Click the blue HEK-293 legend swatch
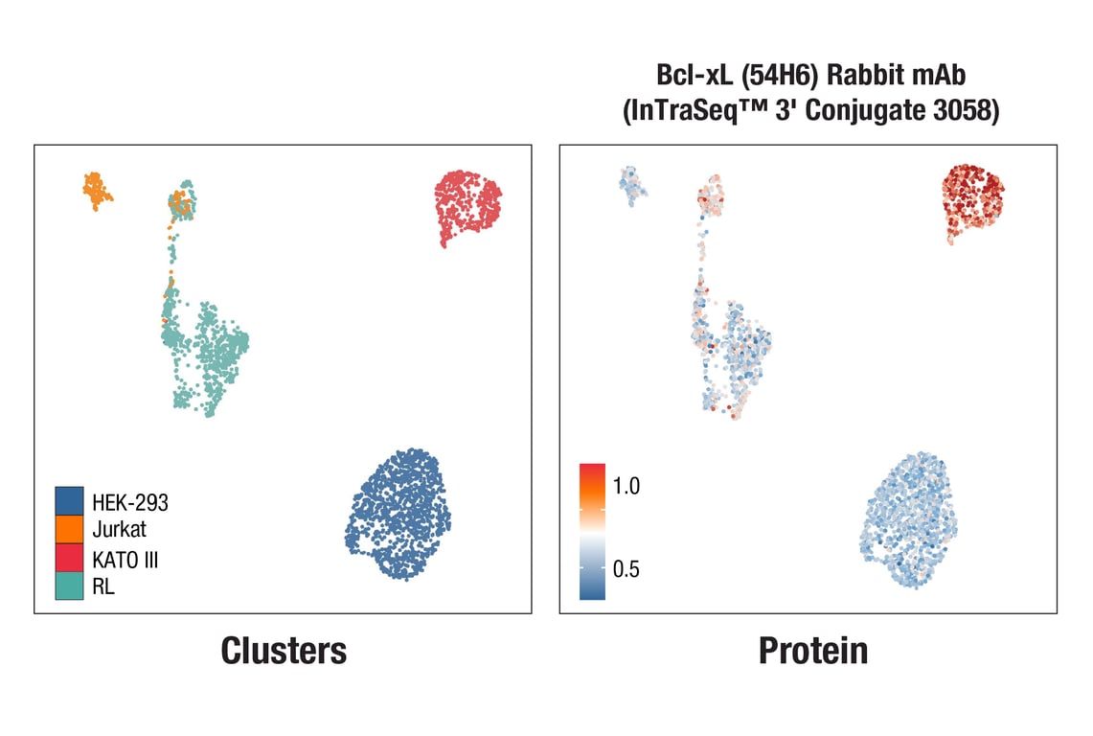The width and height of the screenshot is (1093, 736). coord(69,500)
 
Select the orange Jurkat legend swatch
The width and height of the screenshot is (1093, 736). coord(69,529)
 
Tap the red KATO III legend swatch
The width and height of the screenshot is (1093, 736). coord(69,558)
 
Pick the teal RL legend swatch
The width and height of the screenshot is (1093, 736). coord(69,586)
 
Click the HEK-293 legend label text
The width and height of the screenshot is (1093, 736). coord(130,501)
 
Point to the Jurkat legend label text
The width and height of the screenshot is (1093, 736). coord(120,528)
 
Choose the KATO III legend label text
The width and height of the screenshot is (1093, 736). coord(125,560)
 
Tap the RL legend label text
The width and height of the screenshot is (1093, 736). coord(103,587)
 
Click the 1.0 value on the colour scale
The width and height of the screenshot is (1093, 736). coord(626,486)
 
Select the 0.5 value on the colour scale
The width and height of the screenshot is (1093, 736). coord(626,569)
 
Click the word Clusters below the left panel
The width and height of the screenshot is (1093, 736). coord(284,651)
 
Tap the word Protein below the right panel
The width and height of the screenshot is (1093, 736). coord(813,651)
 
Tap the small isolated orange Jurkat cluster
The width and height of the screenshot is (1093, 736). coord(96,191)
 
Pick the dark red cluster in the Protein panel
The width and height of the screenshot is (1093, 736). coord(969,199)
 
